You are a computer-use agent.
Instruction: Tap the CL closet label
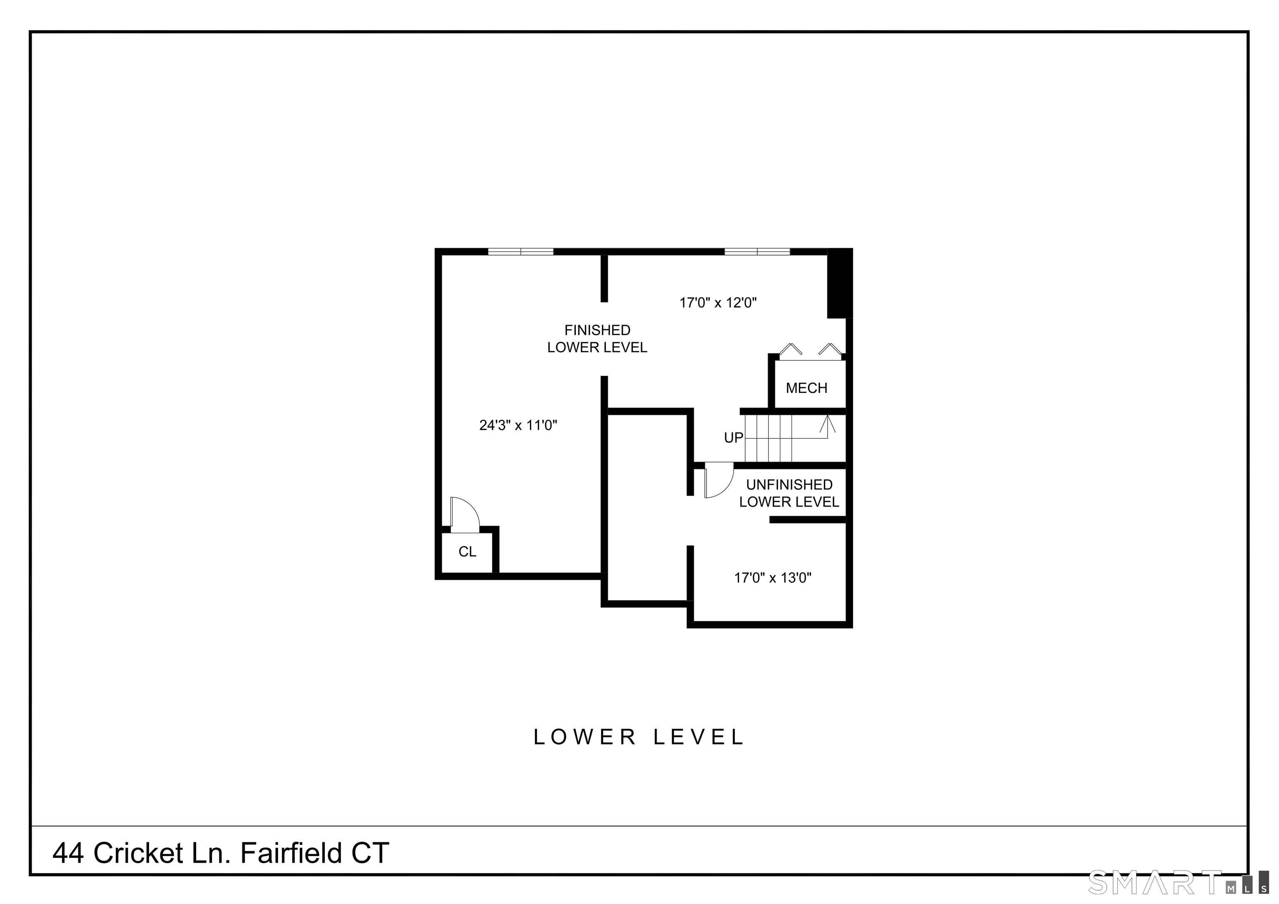(468, 551)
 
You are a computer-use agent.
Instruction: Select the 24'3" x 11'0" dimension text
(518, 425)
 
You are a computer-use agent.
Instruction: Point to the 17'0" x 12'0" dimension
(718, 303)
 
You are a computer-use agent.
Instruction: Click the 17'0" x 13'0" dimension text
(773, 578)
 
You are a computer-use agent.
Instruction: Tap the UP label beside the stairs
(734, 438)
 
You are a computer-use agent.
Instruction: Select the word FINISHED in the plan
(597, 330)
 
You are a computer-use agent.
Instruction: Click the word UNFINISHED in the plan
(789, 484)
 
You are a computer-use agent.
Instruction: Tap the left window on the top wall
(521, 252)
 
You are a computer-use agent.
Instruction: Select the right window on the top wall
(757, 252)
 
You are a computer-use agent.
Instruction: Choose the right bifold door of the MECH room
(830, 349)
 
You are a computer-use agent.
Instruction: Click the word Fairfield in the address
(291, 853)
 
